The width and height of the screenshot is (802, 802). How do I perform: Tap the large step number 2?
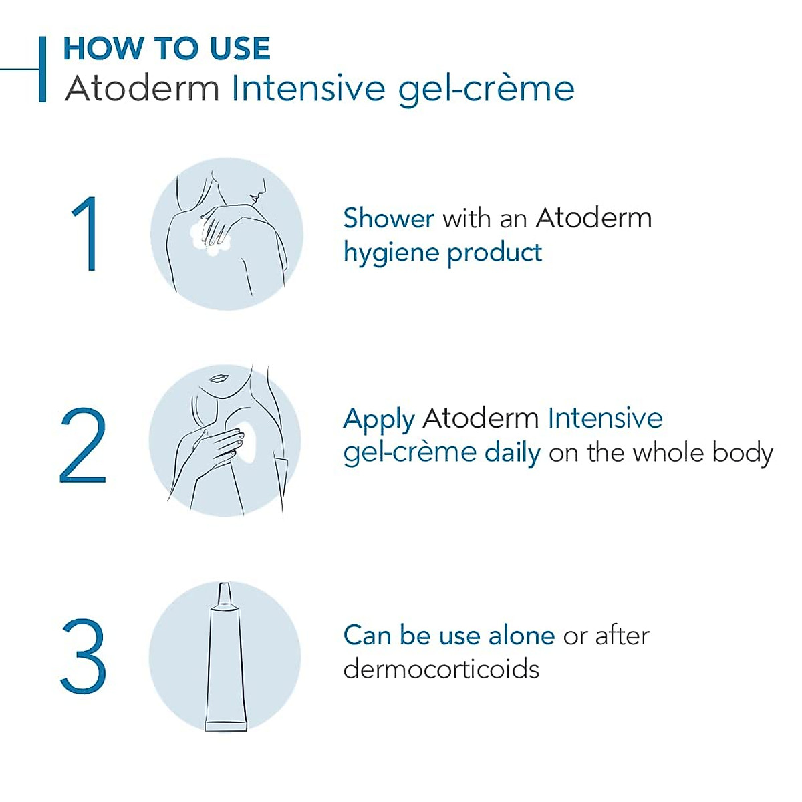point(83,446)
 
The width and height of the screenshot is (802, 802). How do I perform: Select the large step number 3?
point(84,656)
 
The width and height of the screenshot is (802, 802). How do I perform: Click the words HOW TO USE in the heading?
point(166,49)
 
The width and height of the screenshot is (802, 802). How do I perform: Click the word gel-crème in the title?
point(486,89)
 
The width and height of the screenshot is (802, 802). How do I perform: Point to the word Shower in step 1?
point(388,218)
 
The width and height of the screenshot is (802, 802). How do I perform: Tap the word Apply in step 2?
point(378,420)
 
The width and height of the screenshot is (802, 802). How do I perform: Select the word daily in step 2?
point(512,453)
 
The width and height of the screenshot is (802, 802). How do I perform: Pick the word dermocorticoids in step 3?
point(441,669)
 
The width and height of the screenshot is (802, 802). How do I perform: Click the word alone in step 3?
point(521,635)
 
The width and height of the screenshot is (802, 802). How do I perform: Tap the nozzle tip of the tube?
point(225,591)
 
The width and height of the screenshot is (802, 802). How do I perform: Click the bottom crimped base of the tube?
point(226,724)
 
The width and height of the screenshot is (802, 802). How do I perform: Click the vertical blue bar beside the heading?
point(43,69)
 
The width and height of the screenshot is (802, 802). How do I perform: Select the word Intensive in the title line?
point(309,89)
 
